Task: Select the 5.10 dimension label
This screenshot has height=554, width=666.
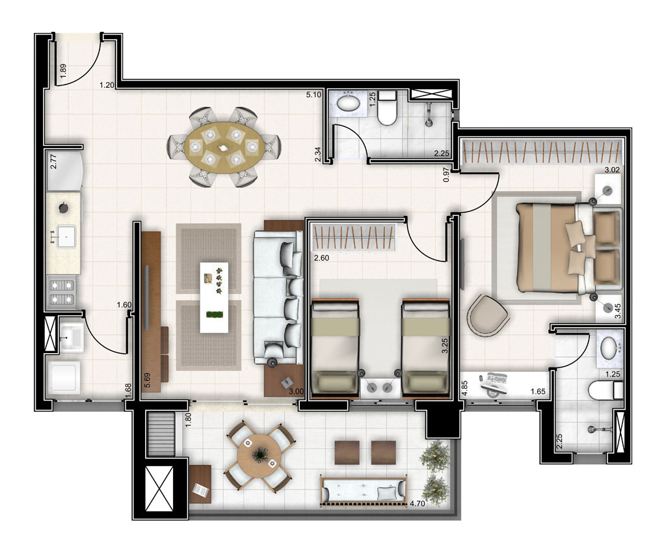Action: (315, 95)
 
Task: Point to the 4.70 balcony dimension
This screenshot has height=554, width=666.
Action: (417, 503)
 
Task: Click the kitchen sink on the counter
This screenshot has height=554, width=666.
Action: (65, 237)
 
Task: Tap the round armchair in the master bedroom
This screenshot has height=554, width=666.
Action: (488, 315)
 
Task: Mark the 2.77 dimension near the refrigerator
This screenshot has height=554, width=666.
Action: (55, 159)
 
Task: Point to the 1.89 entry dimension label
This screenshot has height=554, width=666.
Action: (63, 70)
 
